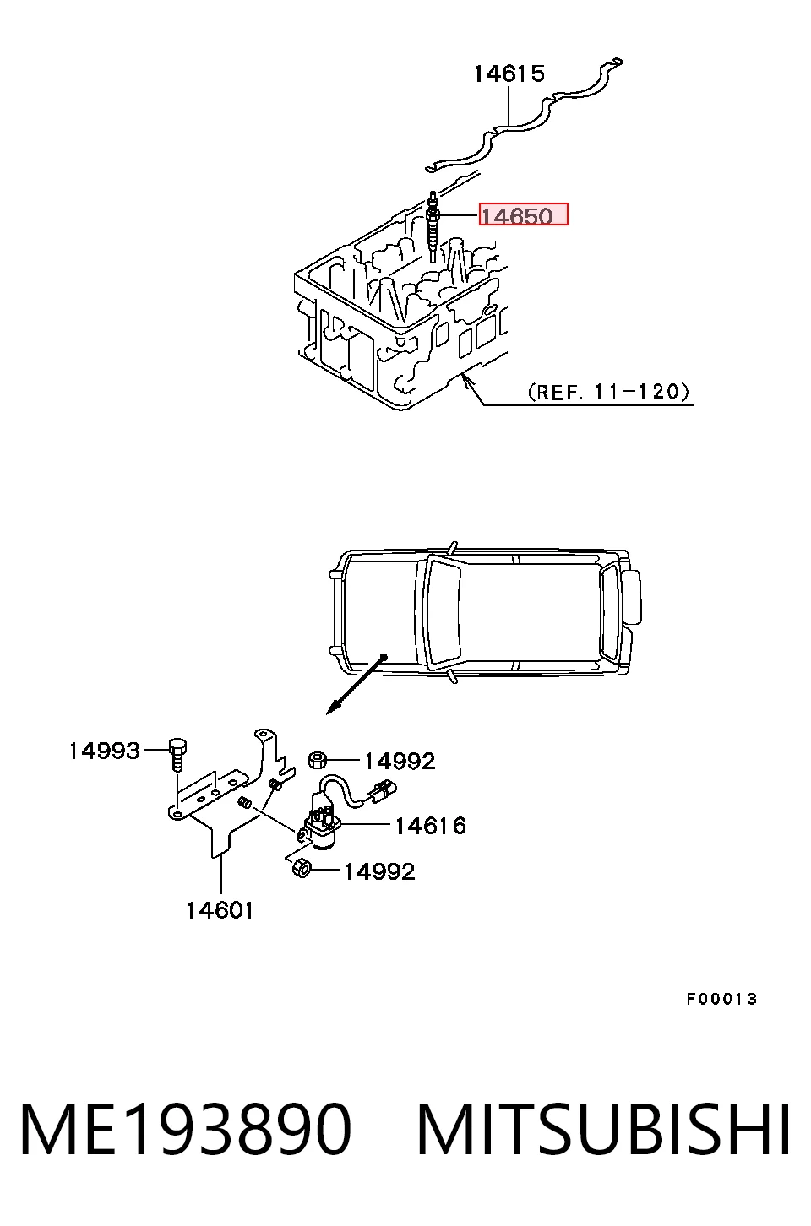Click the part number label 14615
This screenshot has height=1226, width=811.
coord(509,73)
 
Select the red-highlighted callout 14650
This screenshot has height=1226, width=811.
coord(524,214)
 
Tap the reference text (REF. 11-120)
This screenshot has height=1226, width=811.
coord(608,391)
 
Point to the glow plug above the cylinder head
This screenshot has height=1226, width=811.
coord(433,227)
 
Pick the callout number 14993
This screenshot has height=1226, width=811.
coord(104,751)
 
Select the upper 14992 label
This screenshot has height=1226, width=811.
coord(400,761)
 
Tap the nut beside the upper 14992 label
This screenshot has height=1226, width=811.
coord(318,760)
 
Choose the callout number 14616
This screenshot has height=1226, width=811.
coord(430,826)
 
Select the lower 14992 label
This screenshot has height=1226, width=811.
coord(379,871)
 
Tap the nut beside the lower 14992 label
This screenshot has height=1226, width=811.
coord(301,868)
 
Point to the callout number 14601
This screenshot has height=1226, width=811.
coord(220,911)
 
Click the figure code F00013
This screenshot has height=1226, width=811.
coord(721,1000)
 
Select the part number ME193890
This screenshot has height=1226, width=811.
coord(185,1131)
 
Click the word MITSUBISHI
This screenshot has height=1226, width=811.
coord(603,1131)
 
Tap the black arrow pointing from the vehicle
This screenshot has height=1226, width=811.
coord(357,685)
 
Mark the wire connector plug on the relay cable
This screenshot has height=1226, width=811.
coord(383,792)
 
